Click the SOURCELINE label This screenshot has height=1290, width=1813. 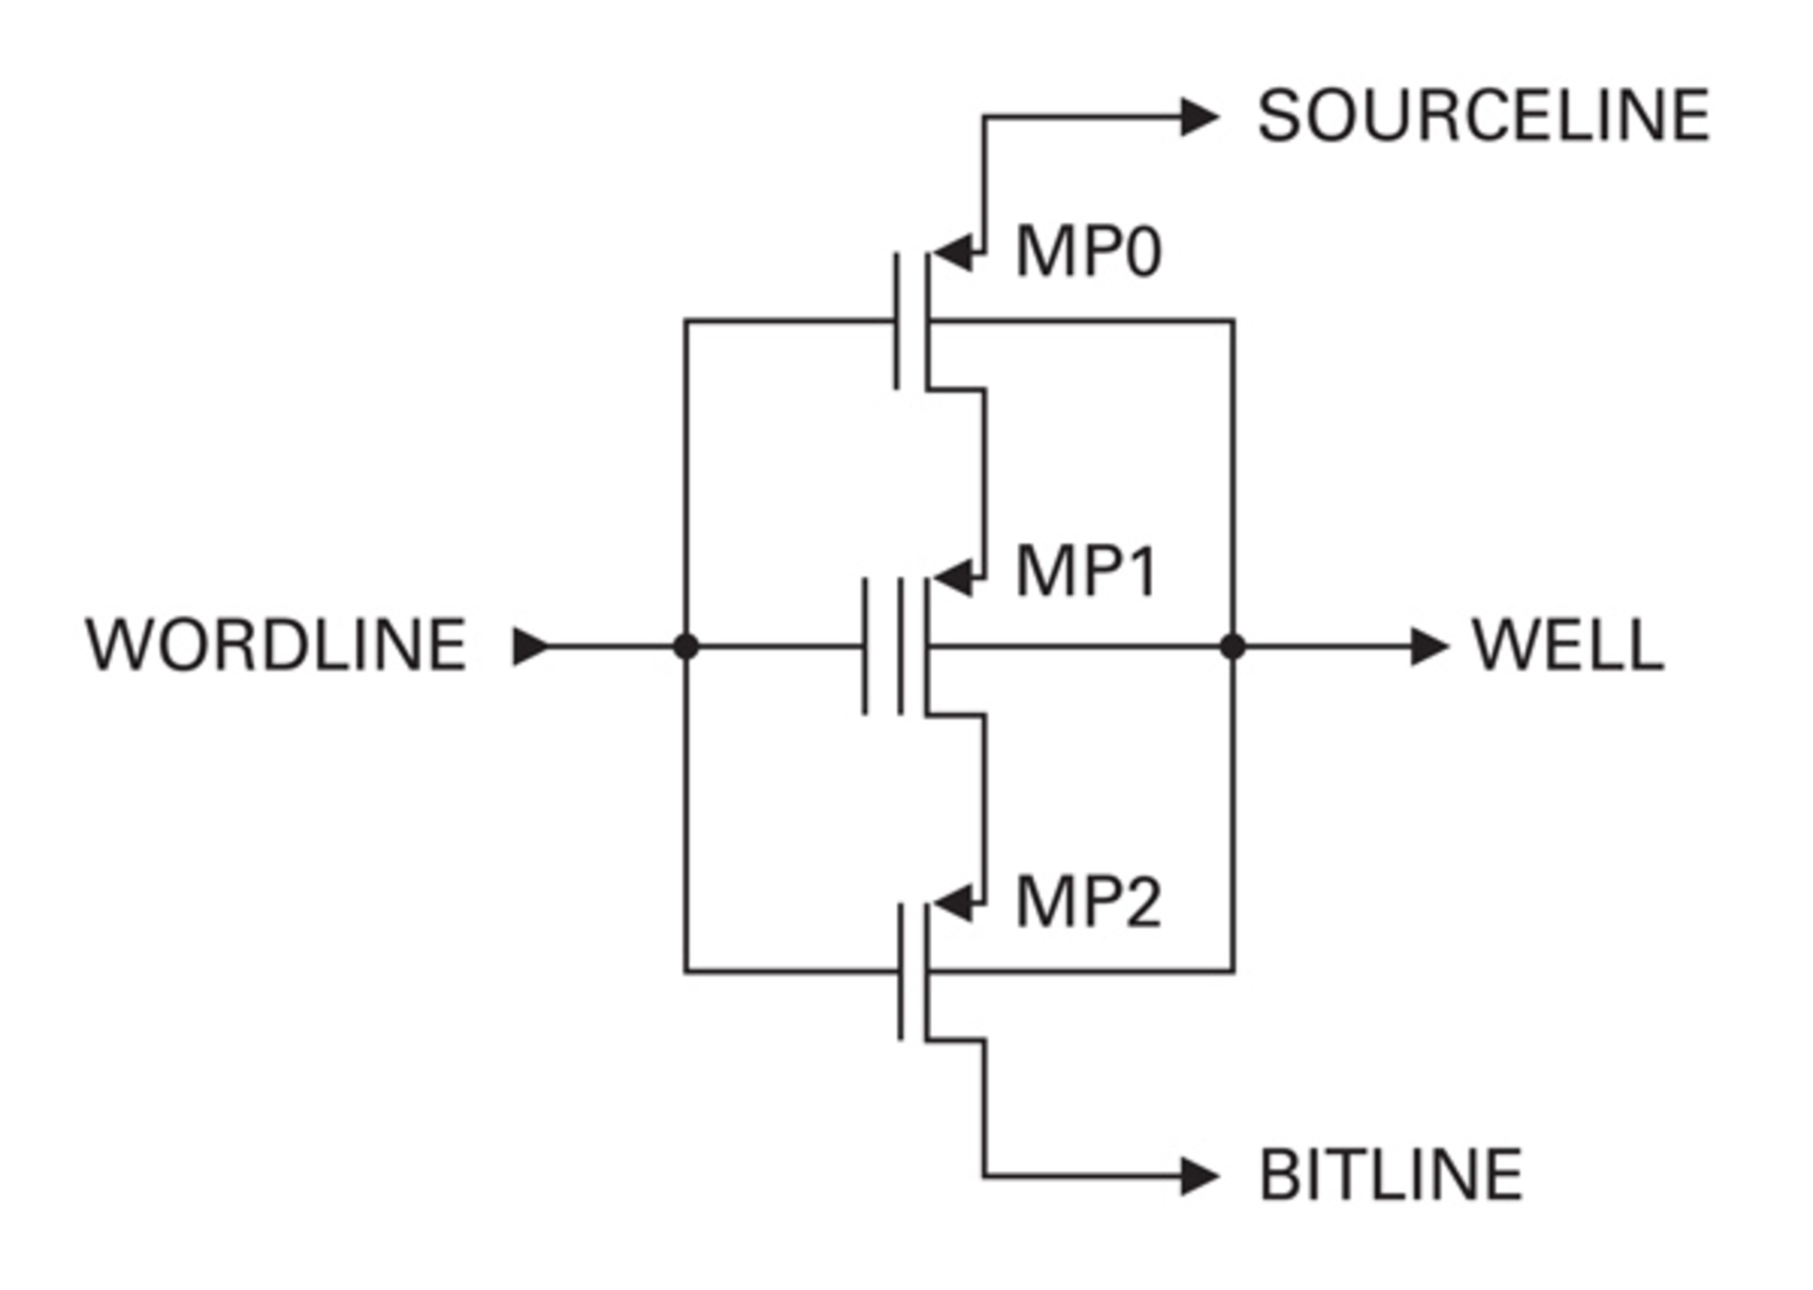tap(1483, 116)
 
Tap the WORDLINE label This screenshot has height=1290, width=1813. tap(276, 646)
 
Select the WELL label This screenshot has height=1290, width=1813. tap(1567, 646)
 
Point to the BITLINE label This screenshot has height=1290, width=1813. tap(1390, 1176)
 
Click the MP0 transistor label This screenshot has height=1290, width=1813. tap(1088, 252)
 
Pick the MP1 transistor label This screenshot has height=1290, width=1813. tap(1086, 572)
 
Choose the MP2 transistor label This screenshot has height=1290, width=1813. tap(1088, 903)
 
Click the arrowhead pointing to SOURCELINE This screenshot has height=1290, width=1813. tap(1199, 117)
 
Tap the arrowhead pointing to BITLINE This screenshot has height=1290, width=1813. tap(1199, 1177)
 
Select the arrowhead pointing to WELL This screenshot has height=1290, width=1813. tap(1429, 647)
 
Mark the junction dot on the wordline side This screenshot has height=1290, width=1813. tap(686, 647)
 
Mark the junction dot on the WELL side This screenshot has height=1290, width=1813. tap(1232, 647)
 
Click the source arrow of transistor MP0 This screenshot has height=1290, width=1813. tap(954, 253)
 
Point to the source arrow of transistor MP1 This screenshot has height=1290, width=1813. tap(954, 578)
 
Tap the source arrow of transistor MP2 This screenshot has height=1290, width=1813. tap(954, 904)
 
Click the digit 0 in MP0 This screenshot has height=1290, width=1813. tap(1144, 253)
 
